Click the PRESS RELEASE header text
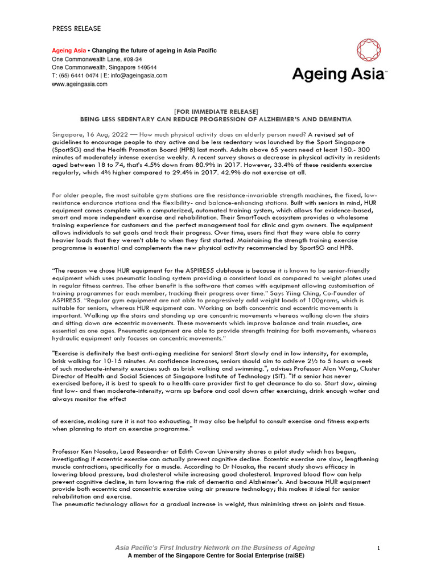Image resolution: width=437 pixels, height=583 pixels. [76, 28]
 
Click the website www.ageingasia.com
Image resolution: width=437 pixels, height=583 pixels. [80, 84]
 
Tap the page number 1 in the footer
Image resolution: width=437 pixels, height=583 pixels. [378, 548]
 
